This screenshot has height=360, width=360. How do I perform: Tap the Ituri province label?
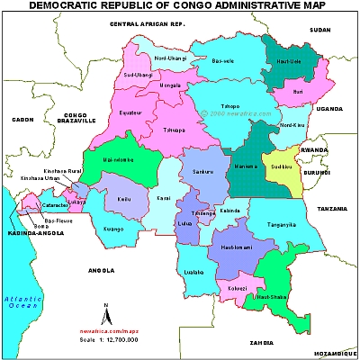click(x=296, y=91)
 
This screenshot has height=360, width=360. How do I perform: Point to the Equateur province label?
click(x=132, y=113)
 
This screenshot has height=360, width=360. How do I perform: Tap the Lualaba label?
click(x=193, y=270)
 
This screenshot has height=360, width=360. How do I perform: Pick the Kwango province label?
click(x=113, y=229)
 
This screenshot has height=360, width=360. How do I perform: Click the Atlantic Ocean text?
click(x=19, y=301)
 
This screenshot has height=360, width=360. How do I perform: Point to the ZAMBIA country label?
click(x=262, y=343)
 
